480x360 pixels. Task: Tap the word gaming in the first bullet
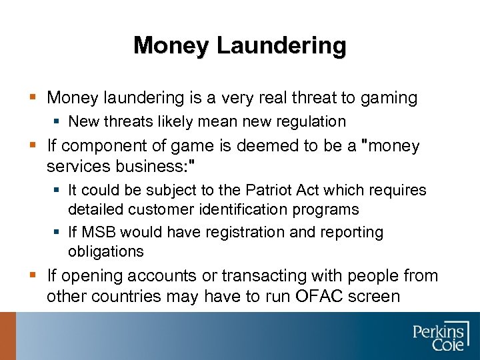388,99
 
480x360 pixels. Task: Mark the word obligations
106,251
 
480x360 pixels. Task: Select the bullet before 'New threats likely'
59,122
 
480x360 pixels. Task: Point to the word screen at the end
373,295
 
